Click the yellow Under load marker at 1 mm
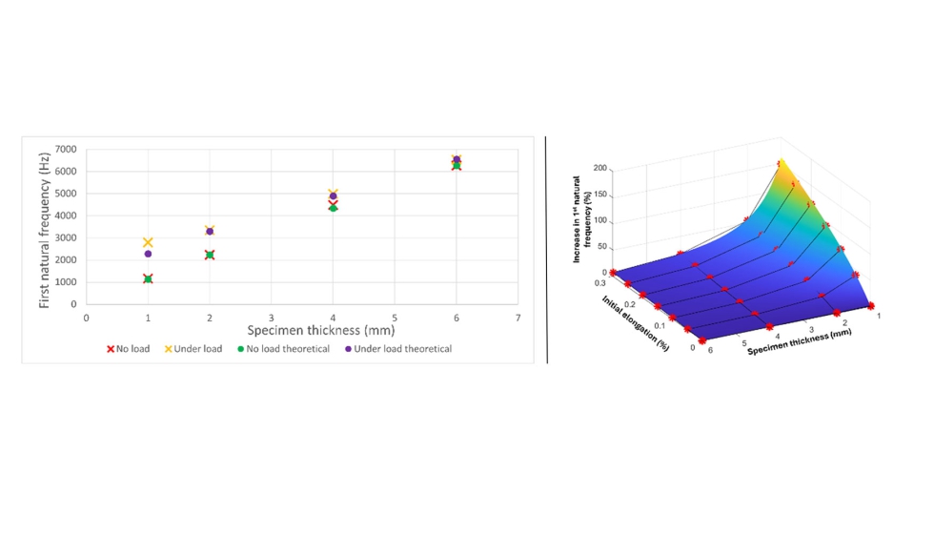coord(148,243)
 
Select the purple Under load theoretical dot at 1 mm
coord(148,254)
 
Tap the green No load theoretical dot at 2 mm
coord(210,255)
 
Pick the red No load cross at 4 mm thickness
coord(333,202)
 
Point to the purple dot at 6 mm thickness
coord(457,159)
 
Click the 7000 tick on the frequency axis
coord(67,150)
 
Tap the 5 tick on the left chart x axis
coord(395,318)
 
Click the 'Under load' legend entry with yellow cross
coord(193,349)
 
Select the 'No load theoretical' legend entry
coord(283,349)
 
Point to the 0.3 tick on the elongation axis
coord(600,282)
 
